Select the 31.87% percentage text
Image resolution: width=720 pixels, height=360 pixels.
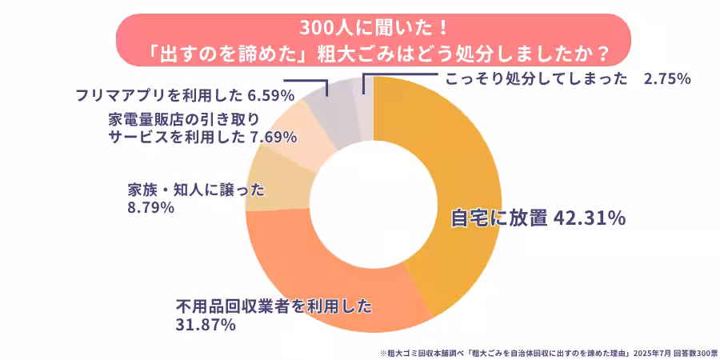point(205,325)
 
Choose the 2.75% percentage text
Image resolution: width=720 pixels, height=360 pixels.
point(667,78)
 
